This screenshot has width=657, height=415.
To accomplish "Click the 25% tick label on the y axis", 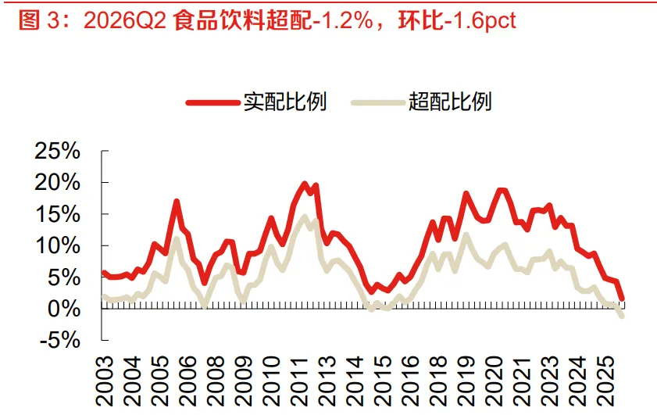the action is click(57, 151).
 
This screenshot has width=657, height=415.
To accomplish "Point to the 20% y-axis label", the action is click(57, 182).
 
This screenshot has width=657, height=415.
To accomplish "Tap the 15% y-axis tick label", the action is click(58, 214).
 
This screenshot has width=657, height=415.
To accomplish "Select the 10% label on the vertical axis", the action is click(58, 245).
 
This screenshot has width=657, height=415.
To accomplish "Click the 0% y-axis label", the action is click(64, 309).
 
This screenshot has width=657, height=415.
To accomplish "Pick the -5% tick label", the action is click(59, 340).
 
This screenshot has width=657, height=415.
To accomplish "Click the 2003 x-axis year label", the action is click(105, 381).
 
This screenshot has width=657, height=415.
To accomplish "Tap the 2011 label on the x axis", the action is click(299, 381).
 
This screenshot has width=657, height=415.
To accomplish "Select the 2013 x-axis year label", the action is click(327, 381).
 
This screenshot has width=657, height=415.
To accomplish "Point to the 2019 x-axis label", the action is click(466, 381).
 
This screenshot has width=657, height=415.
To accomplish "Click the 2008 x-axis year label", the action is click(216, 381).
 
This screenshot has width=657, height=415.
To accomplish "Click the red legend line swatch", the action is click(212, 102).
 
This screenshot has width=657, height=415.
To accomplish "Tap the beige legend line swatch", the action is click(378, 102).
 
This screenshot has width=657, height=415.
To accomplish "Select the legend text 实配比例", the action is click(285, 102).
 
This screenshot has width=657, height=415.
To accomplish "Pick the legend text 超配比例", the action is click(450, 102).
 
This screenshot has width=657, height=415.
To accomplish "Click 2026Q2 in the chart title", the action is click(125, 20).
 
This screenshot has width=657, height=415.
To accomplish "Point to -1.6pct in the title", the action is click(480, 21).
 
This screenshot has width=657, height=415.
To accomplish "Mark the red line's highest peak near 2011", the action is click(305, 183).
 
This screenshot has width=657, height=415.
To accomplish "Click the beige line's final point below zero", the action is click(622, 316).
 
